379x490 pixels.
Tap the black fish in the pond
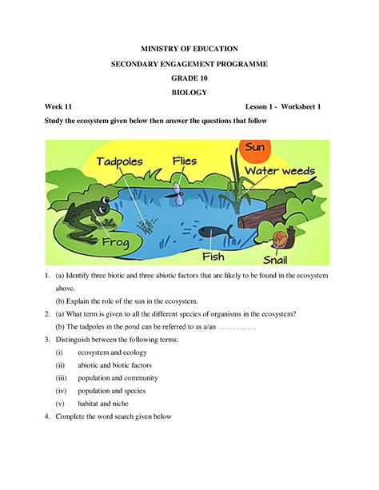pos(212,232)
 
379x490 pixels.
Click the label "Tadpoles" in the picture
pos(120,162)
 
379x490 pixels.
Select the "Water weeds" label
pos(279,171)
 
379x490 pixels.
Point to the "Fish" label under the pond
pos(213,256)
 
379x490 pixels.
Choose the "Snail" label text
pos(285,258)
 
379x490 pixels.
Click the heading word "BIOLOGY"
pos(189,93)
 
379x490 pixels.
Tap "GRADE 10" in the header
pos(189,78)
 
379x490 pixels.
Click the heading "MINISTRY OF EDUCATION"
pos(189,50)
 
